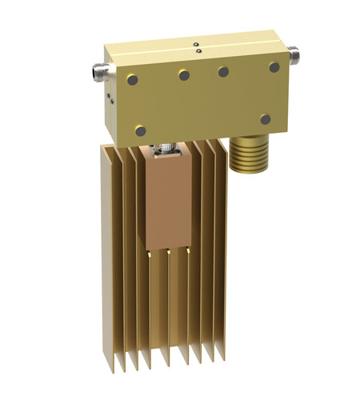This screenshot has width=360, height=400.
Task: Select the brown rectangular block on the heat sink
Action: pyautogui.click(x=167, y=200)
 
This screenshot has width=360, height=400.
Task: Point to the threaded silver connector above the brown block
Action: pyautogui.click(x=166, y=145)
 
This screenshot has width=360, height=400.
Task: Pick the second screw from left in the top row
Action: pyautogui.click(x=184, y=74)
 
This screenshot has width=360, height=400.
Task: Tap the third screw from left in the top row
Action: pyautogui.click(x=223, y=71)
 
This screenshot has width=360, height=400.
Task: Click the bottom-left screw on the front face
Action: pyautogui.click(x=142, y=130)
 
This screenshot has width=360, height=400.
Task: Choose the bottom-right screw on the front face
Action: pyautogui.click(x=266, y=119)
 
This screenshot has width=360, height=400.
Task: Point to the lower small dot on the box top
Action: pyautogui.click(x=198, y=52)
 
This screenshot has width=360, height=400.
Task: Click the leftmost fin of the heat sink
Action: pyautogui.click(x=104, y=256)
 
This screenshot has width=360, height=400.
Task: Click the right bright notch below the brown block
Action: pyautogui.click(x=188, y=251)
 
